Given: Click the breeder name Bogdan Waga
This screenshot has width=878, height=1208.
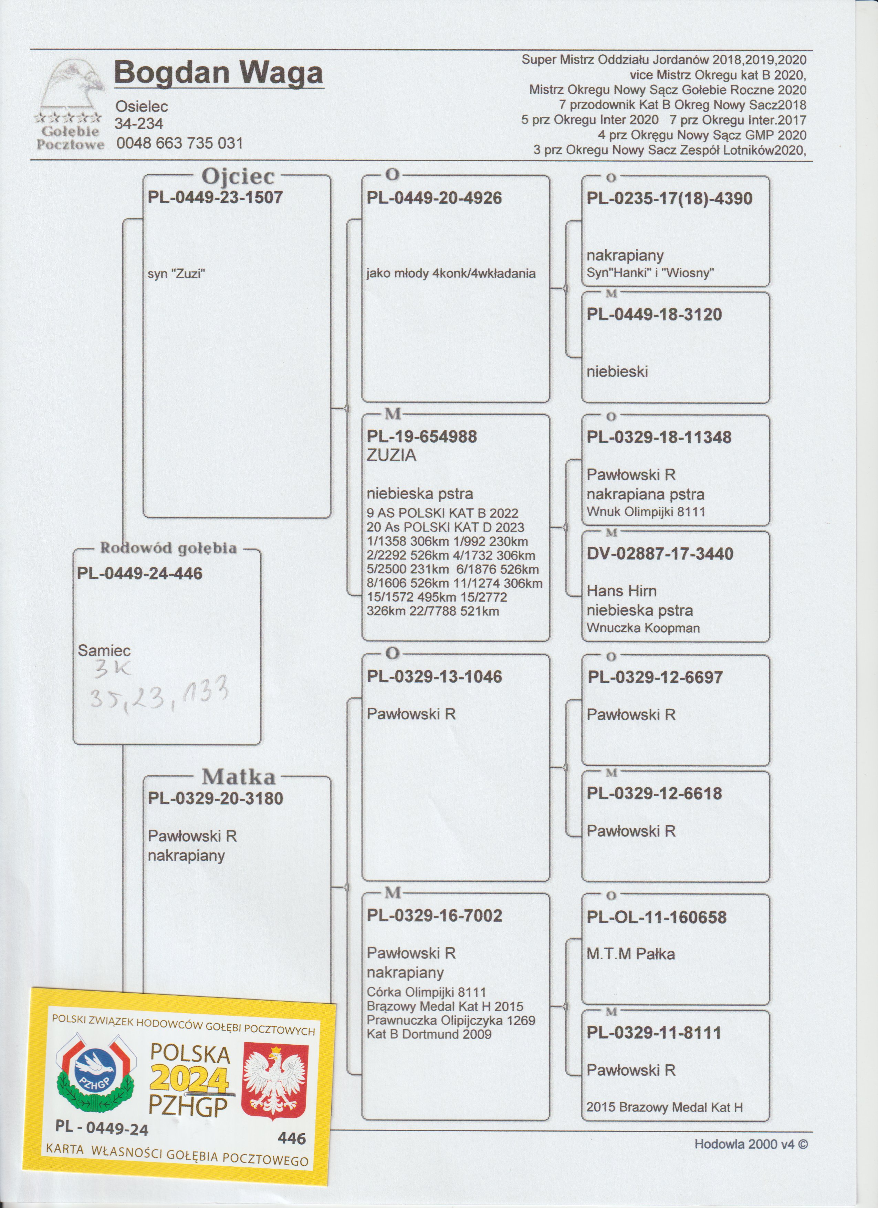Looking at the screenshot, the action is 218,73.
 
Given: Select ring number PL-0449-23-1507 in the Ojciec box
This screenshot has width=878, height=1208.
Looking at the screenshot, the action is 215,198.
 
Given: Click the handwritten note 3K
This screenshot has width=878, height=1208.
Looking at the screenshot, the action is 112,669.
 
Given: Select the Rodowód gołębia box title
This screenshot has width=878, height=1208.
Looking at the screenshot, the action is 168,548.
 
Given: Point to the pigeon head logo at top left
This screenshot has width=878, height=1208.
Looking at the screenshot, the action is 72,85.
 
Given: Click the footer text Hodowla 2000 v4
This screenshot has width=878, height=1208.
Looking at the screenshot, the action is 750,1144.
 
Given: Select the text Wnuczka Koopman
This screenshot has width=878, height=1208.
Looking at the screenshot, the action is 643,628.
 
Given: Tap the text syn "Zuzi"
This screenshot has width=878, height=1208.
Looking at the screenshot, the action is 177,274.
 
